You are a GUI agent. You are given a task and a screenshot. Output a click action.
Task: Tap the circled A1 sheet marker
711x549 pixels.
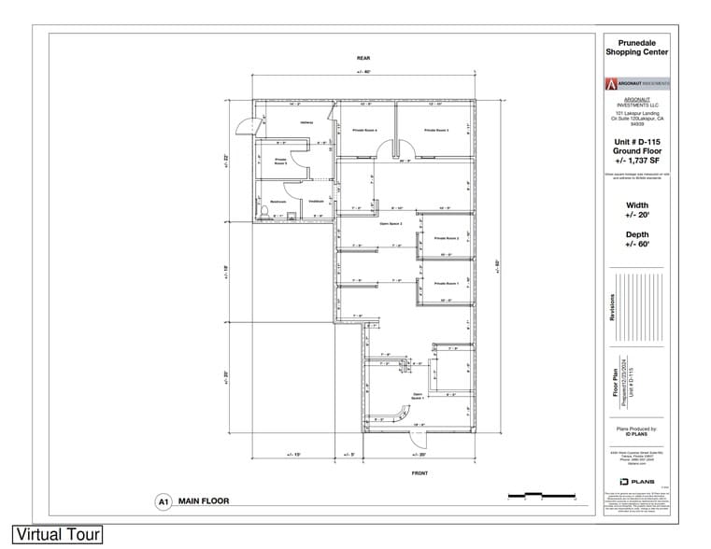(163, 501)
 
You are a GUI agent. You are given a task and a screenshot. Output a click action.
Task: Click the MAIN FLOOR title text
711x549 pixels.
(204, 501)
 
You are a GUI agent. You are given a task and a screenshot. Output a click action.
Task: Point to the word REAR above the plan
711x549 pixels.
(363, 58)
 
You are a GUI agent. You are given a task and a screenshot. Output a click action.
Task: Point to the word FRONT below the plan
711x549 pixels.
(419, 473)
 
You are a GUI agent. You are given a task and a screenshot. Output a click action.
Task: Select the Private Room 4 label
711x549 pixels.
(364, 130)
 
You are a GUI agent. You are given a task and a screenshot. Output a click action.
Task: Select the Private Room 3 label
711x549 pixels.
(436, 130)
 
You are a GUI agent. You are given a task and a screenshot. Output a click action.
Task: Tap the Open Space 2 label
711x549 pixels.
(391, 224)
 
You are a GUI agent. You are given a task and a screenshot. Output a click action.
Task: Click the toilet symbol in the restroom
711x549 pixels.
(265, 214)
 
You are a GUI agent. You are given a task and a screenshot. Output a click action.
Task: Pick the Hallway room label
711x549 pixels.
(306, 122)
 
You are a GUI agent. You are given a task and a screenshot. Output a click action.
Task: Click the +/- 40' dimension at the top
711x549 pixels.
(363, 72)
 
